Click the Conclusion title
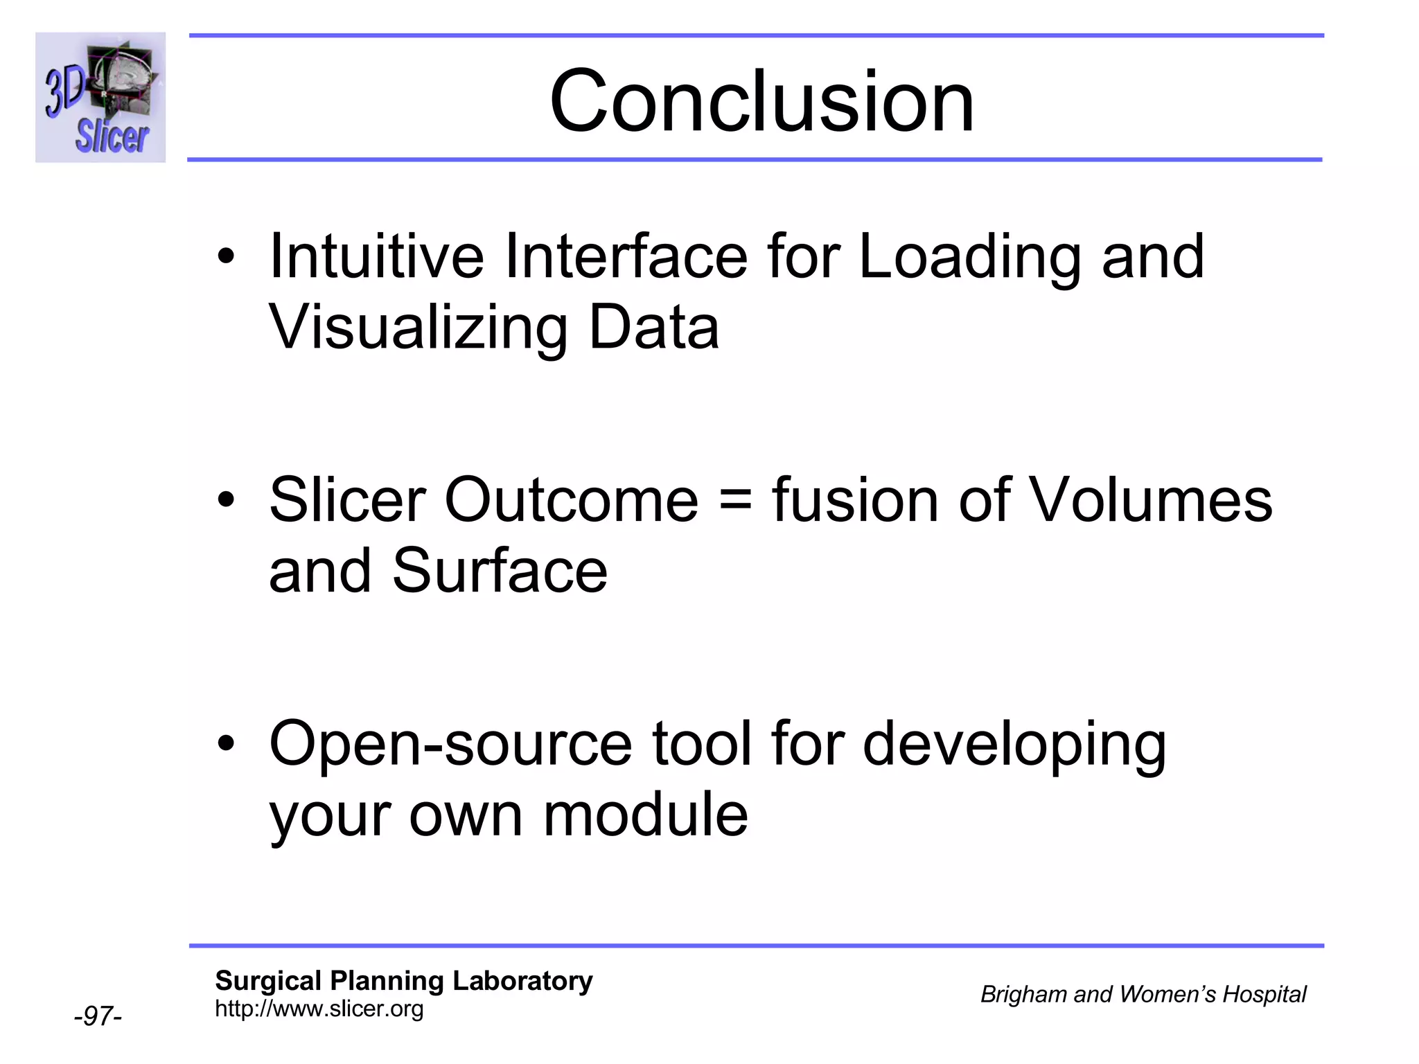point(761,102)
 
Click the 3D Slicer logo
point(100,98)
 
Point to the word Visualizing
point(418,328)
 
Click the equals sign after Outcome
point(734,501)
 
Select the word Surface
point(500,571)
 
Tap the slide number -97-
point(98,1016)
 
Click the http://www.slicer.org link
point(319,1009)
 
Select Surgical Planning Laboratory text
point(403,981)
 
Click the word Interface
point(626,256)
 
